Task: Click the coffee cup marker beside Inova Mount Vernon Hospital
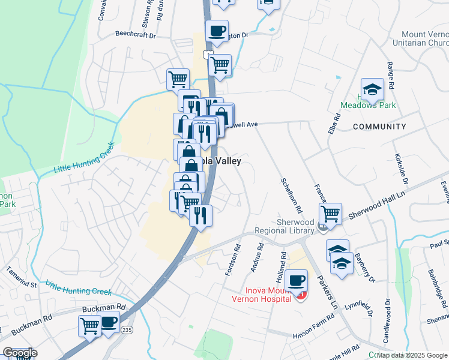[x=296, y=280]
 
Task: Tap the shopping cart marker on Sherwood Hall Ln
[x=331, y=213]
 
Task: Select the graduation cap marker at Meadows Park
[x=372, y=89]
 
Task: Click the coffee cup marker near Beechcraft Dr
[x=217, y=31]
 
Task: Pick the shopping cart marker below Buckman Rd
[x=89, y=326]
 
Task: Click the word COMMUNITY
[x=379, y=127]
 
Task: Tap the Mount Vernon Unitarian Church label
[x=420, y=39]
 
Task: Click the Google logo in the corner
[x=20, y=353]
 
